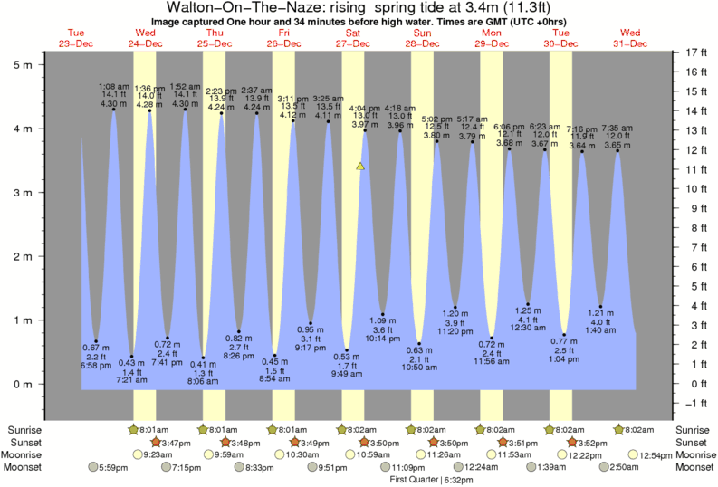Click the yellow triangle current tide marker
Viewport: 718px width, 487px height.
pyautogui.click(x=360, y=167)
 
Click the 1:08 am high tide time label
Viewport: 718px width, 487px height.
pyautogui.click(x=113, y=87)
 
